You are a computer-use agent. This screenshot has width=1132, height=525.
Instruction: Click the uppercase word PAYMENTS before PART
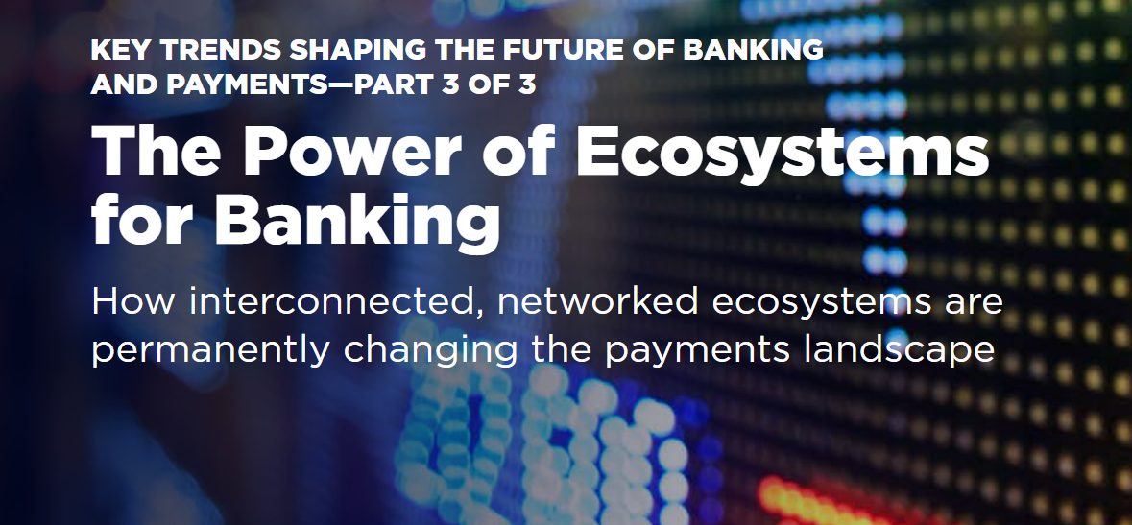point(248,84)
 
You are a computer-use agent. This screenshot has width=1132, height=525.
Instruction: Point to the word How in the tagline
point(132,300)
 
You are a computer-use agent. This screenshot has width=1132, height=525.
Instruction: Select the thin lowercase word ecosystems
point(822,303)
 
